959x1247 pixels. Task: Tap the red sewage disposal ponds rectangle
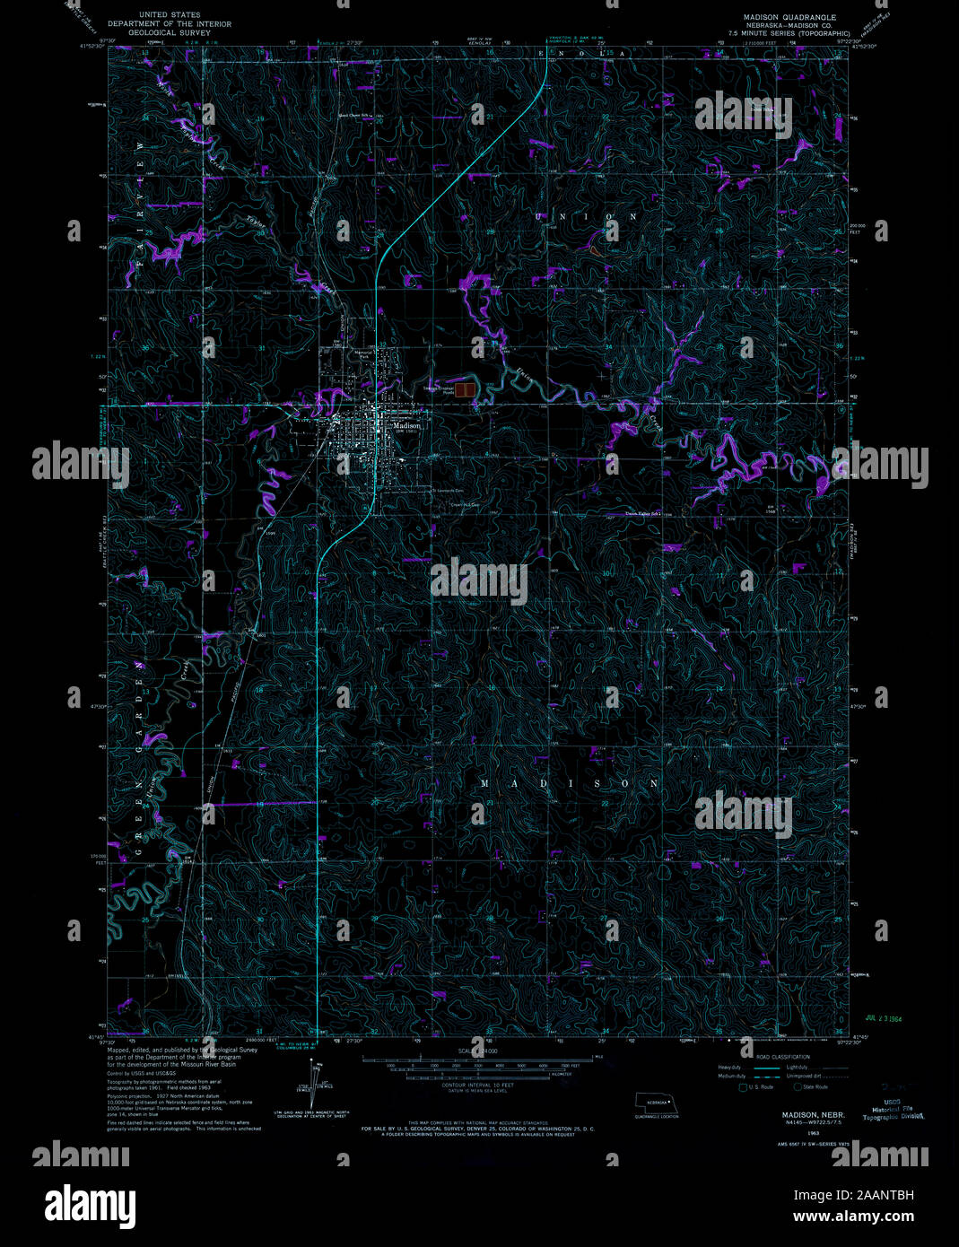point(465,389)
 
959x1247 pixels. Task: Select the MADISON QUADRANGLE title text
point(789,17)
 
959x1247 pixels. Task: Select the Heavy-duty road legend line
point(764,1068)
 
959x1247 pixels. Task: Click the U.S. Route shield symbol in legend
point(743,1086)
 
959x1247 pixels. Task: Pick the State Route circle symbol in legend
point(798,1086)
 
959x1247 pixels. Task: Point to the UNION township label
point(586,217)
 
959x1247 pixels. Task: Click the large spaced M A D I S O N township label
point(569,783)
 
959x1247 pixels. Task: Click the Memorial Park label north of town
point(362,353)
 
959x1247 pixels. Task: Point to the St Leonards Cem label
point(447,491)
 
